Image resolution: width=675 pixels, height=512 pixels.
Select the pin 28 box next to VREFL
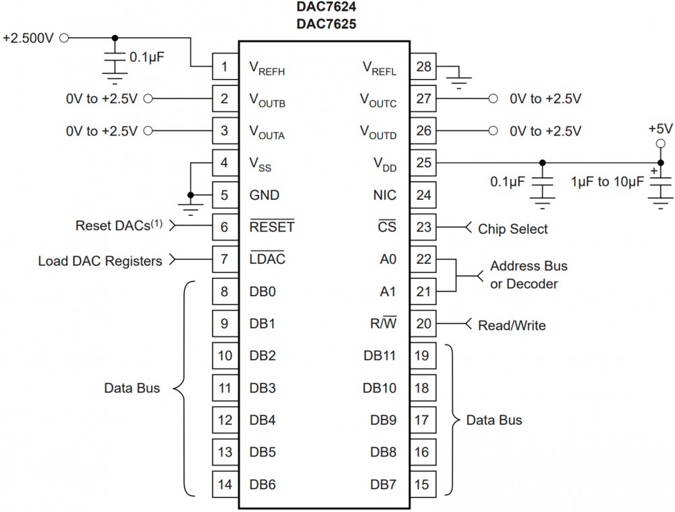click(x=423, y=67)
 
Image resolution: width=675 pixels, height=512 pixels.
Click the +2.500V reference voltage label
click(x=28, y=38)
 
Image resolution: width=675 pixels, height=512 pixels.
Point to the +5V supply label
click(x=659, y=128)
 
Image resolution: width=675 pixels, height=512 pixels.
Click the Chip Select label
click(x=513, y=229)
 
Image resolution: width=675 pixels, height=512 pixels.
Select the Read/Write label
click(x=512, y=325)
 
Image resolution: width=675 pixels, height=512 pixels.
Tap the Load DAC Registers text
click(x=100, y=260)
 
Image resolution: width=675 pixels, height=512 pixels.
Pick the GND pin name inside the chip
click(x=265, y=196)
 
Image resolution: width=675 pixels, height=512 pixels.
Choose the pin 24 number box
click(x=423, y=196)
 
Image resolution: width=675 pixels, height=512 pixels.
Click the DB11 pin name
click(x=379, y=356)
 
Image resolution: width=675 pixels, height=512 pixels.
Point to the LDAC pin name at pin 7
click(x=268, y=260)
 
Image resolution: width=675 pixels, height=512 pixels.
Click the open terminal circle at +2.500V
click(x=64, y=38)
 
